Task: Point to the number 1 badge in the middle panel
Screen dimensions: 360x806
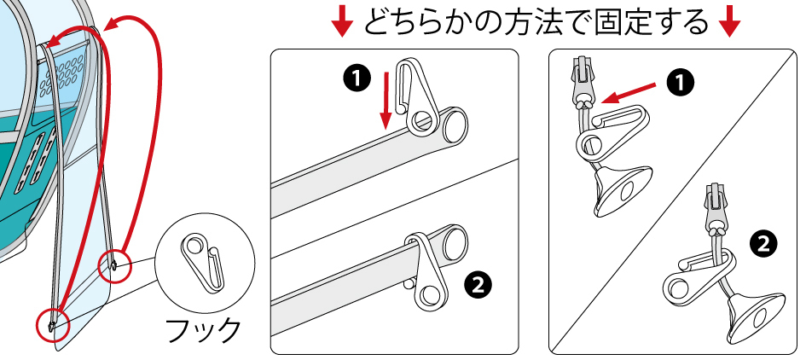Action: (357, 78)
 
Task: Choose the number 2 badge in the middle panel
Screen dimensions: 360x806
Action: (479, 283)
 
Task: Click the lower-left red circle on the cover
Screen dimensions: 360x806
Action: (51, 324)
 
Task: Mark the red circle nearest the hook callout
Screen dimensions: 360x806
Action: (114, 264)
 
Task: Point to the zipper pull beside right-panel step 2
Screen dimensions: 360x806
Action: (715, 209)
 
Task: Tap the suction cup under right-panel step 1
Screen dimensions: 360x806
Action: (617, 188)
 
